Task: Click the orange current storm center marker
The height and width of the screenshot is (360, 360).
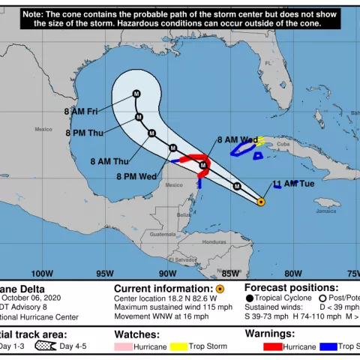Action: (x=261, y=202)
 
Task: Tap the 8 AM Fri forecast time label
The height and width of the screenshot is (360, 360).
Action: (x=82, y=111)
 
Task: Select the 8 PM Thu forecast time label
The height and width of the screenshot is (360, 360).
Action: (x=85, y=134)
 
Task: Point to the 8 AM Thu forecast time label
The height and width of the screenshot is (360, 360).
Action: (x=109, y=160)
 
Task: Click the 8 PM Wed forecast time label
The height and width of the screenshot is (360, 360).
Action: (x=136, y=176)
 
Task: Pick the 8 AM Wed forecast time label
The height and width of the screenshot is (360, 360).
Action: (x=237, y=140)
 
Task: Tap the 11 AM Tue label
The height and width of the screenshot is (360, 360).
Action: (x=293, y=184)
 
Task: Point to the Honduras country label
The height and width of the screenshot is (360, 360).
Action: (x=214, y=242)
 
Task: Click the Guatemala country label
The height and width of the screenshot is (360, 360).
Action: (x=161, y=234)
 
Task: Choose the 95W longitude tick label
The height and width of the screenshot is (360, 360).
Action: (x=105, y=273)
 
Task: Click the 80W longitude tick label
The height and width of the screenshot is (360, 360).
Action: (x=293, y=273)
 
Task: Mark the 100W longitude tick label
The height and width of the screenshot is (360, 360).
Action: (x=42, y=273)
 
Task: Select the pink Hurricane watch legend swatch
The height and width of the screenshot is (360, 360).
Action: (x=123, y=346)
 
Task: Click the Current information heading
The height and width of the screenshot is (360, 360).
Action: (x=163, y=288)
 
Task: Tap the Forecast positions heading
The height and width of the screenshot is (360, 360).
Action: (x=291, y=288)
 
